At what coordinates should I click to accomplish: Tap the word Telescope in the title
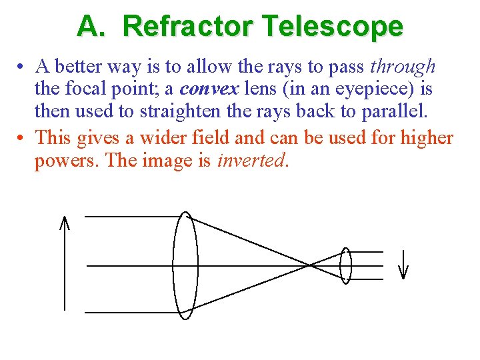coord(333,27)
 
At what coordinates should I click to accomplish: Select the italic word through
coord(403,67)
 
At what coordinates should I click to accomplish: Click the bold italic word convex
coord(209,89)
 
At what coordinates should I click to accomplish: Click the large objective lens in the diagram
coord(185,263)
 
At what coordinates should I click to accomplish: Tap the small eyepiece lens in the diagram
coord(345,266)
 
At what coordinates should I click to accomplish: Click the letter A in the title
coord(88,27)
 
